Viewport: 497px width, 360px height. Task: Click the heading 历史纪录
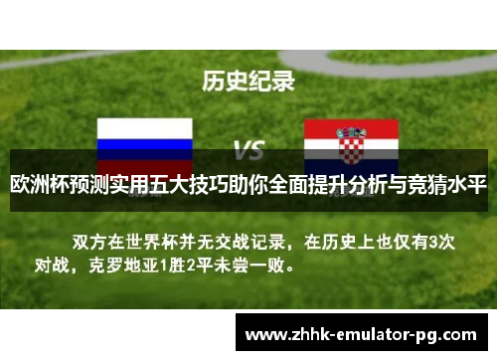tap(248, 81)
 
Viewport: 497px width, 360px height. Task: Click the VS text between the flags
tap(248, 152)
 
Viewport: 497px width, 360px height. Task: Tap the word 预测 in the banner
tap(96, 185)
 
